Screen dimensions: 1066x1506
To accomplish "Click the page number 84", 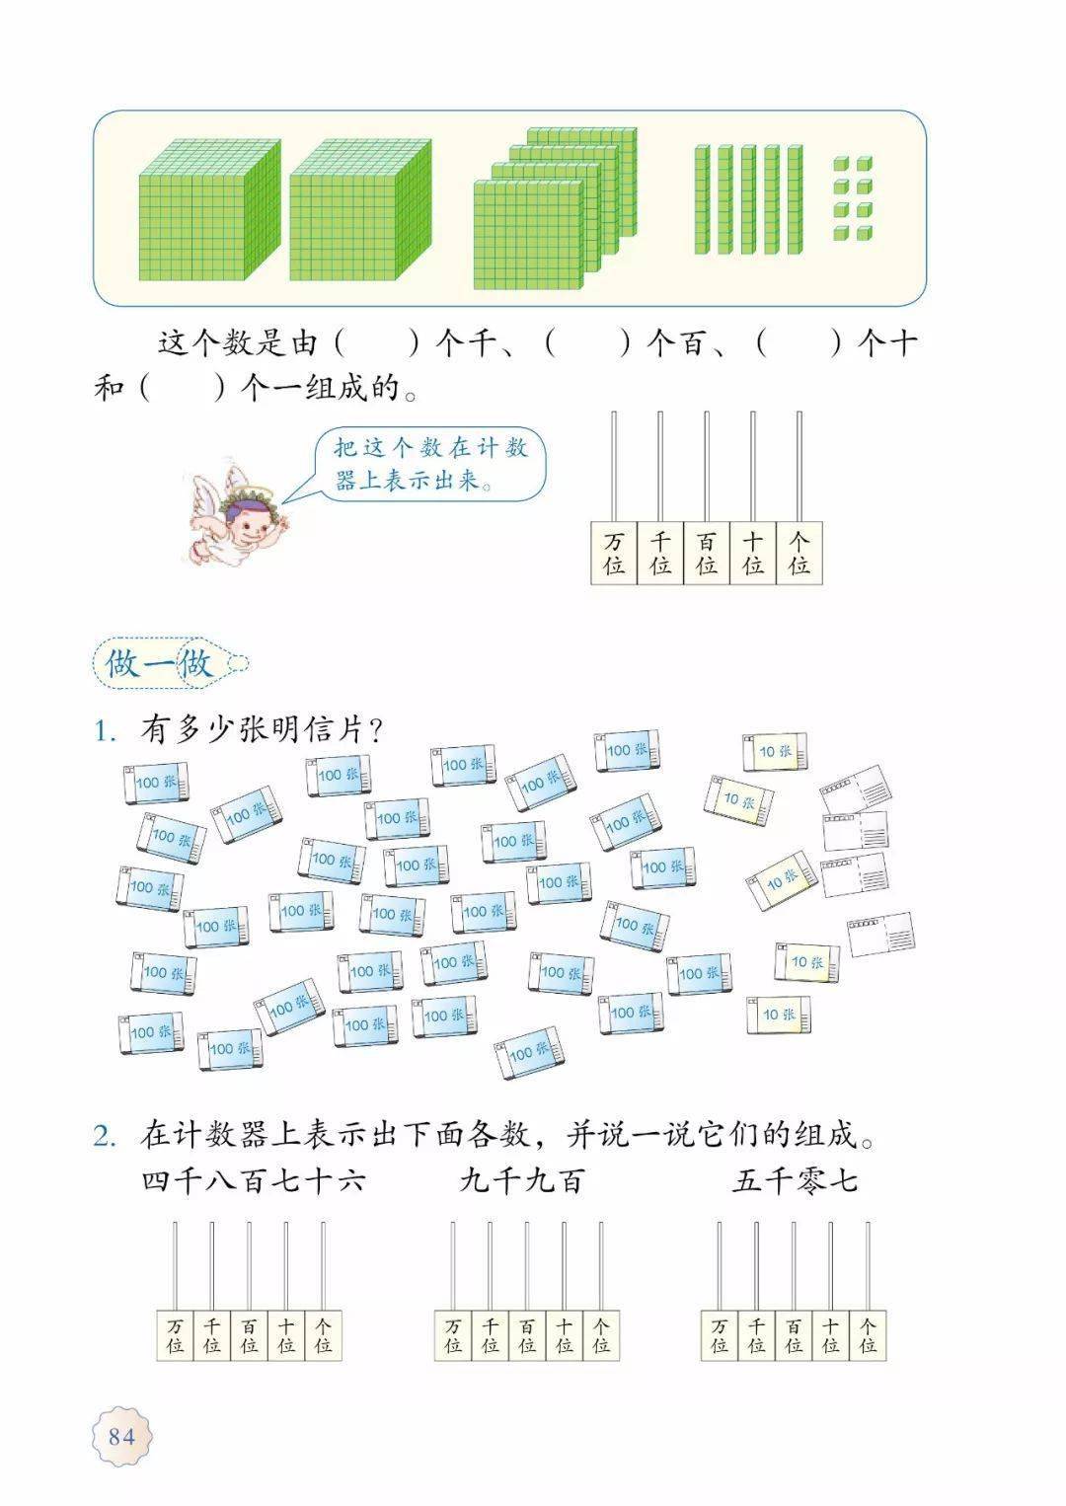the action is pyautogui.click(x=121, y=1436).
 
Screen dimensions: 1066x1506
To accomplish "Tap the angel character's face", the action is pyautogui.click(x=247, y=517).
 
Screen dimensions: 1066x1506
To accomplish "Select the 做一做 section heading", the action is pyautogui.click(x=159, y=663).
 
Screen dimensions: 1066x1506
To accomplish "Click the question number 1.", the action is pyautogui.click(x=105, y=730).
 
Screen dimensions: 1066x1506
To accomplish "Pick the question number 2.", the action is pyautogui.click(x=105, y=1136).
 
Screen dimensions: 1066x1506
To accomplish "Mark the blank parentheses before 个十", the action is pyautogui.click(x=799, y=343).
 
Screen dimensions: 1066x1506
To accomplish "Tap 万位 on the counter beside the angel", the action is pyautogui.click(x=613, y=554).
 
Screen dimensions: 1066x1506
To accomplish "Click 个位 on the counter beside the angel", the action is pyautogui.click(x=799, y=554).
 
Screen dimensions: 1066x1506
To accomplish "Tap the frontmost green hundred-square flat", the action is pyautogui.click(x=529, y=235).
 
